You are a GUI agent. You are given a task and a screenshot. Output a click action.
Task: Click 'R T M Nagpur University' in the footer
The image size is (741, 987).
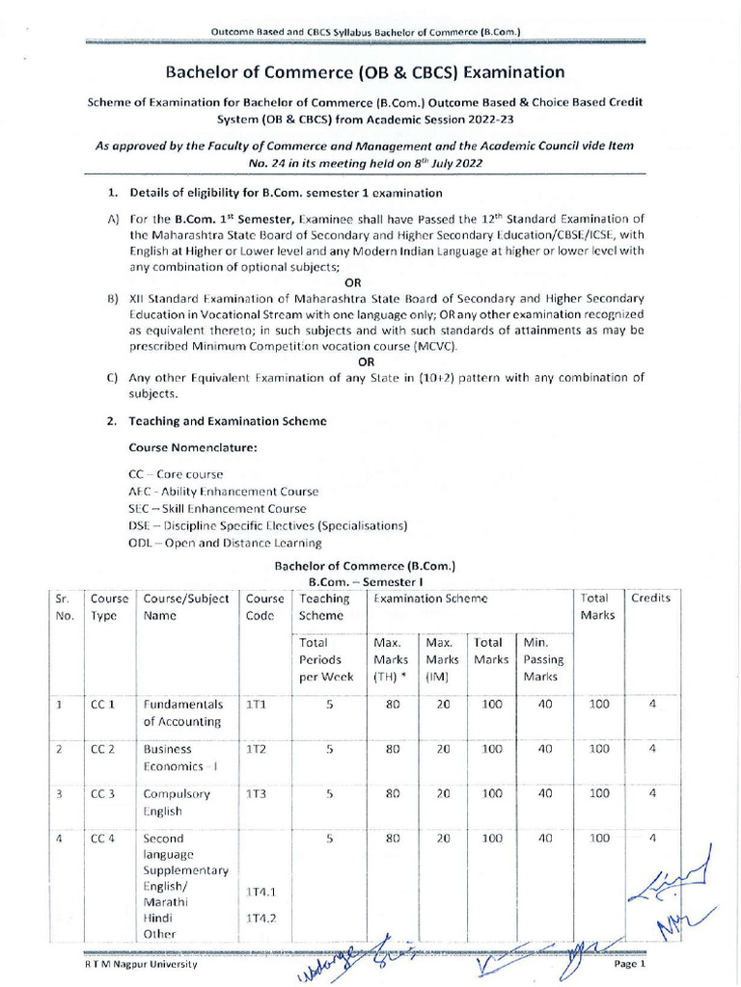140,964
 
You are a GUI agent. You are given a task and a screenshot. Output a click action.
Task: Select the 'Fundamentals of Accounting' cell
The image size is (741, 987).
183,712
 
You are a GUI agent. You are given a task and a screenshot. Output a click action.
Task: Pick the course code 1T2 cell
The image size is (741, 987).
256,748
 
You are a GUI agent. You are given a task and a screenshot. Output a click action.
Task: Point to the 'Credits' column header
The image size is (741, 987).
650,598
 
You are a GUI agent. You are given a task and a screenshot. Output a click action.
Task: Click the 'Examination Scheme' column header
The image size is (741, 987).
430,598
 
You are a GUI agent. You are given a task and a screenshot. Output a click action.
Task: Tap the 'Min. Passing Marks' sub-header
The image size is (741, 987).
543,659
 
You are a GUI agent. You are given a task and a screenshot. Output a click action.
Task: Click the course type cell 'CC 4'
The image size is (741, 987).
103,839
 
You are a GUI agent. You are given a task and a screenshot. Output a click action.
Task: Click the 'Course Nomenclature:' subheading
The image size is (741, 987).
192,448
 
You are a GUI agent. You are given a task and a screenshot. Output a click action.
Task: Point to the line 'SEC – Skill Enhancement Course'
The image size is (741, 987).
217,508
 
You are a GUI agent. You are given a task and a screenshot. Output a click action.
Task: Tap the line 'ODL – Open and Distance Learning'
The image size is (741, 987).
225,543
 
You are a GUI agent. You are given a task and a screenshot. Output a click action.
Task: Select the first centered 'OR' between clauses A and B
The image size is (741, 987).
353,282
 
